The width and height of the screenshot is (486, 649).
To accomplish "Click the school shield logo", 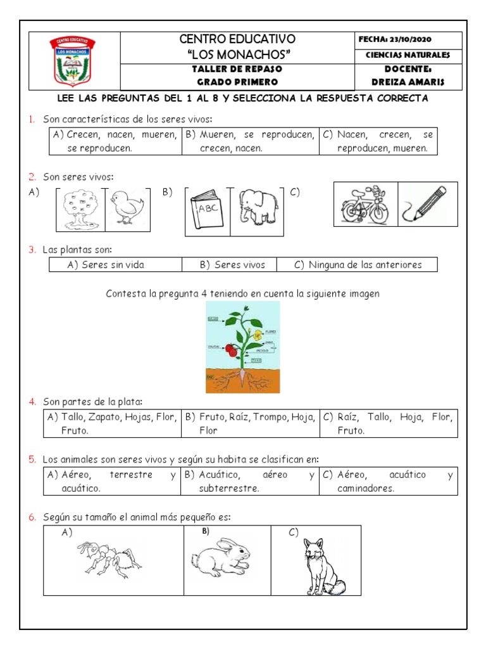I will pyautogui.click(x=73, y=61).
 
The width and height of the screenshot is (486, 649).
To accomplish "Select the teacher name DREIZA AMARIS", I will pyautogui.click(x=408, y=82).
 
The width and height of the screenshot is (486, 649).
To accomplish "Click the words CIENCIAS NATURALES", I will pyautogui.click(x=408, y=55).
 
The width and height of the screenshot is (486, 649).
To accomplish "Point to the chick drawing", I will pyautogui.click(x=127, y=207).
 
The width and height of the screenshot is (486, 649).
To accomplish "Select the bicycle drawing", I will pyautogui.click(x=365, y=205).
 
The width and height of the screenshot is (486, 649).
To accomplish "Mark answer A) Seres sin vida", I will pyautogui.click(x=106, y=265).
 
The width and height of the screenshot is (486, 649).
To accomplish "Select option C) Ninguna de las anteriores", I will pyautogui.click(x=358, y=265).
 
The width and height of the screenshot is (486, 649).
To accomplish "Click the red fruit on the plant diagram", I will pyautogui.click(x=231, y=349).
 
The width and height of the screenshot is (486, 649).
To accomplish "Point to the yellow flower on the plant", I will pyautogui.click(x=257, y=335).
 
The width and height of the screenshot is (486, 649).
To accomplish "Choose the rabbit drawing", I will pyautogui.click(x=221, y=556).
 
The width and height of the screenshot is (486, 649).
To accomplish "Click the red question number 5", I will pyautogui.click(x=31, y=459).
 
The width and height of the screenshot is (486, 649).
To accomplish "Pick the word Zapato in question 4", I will pyautogui.click(x=103, y=417).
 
